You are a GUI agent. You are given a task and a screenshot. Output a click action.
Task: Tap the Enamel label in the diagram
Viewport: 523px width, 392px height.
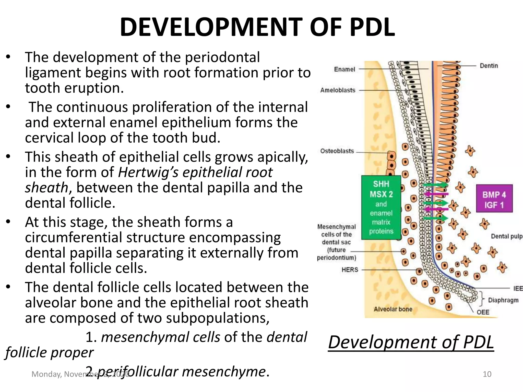(344, 69)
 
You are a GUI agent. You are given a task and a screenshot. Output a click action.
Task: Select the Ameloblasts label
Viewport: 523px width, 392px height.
(338, 90)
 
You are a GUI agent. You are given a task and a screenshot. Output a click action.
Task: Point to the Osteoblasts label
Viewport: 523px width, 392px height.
(337, 151)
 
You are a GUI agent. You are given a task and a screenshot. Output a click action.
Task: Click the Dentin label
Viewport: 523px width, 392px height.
(489, 66)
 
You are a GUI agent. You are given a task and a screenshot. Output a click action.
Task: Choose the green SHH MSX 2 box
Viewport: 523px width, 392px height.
(381, 207)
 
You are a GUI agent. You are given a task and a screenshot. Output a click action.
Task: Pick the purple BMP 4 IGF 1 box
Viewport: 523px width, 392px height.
(494, 199)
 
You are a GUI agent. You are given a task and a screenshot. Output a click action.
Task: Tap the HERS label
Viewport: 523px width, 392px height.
(350, 270)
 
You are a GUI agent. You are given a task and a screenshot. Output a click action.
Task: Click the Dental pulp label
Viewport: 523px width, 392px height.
(507, 236)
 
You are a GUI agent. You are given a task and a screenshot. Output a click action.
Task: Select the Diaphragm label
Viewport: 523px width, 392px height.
(503, 300)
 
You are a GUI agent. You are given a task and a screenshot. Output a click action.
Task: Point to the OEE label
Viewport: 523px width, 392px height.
(483, 312)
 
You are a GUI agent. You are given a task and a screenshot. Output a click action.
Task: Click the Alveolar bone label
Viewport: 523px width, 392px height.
(393, 309)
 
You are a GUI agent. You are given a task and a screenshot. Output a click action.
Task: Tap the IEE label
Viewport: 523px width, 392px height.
(518, 288)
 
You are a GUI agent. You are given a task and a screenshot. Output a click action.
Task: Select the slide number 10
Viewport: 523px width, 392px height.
(487, 374)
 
